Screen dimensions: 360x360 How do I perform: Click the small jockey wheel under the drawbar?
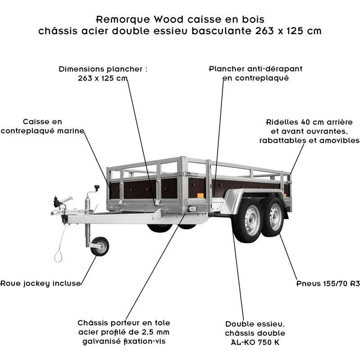[99, 246]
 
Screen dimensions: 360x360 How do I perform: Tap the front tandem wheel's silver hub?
[251, 221]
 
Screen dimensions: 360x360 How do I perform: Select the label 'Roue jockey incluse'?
[40, 283]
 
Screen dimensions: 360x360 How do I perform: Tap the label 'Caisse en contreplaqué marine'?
[43, 126]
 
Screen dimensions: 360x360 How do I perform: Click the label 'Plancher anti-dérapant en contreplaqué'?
[256, 73]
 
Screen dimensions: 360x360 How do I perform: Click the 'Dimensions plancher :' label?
[103, 69]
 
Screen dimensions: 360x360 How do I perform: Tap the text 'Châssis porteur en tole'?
[124, 323]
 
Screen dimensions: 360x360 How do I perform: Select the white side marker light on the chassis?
[193, 209]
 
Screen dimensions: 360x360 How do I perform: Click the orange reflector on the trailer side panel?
[200, 195]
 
